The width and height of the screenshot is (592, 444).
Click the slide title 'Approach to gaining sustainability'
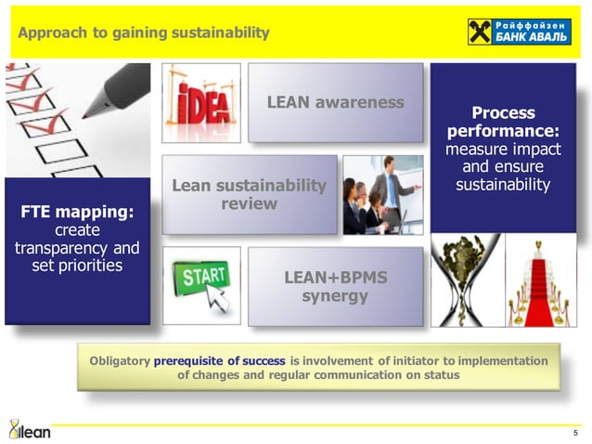144,33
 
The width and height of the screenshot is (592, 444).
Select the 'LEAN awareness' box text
335,102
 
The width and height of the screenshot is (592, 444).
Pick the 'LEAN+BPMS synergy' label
335,287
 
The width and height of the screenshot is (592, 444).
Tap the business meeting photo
382,194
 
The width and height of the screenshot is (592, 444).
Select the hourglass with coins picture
465,280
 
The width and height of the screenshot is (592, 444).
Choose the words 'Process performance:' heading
503,122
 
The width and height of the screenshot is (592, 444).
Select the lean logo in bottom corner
29,428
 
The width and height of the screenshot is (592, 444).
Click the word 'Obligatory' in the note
120,360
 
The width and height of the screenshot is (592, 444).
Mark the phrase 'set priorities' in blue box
77,266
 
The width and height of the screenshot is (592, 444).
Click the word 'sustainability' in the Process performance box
503,184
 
